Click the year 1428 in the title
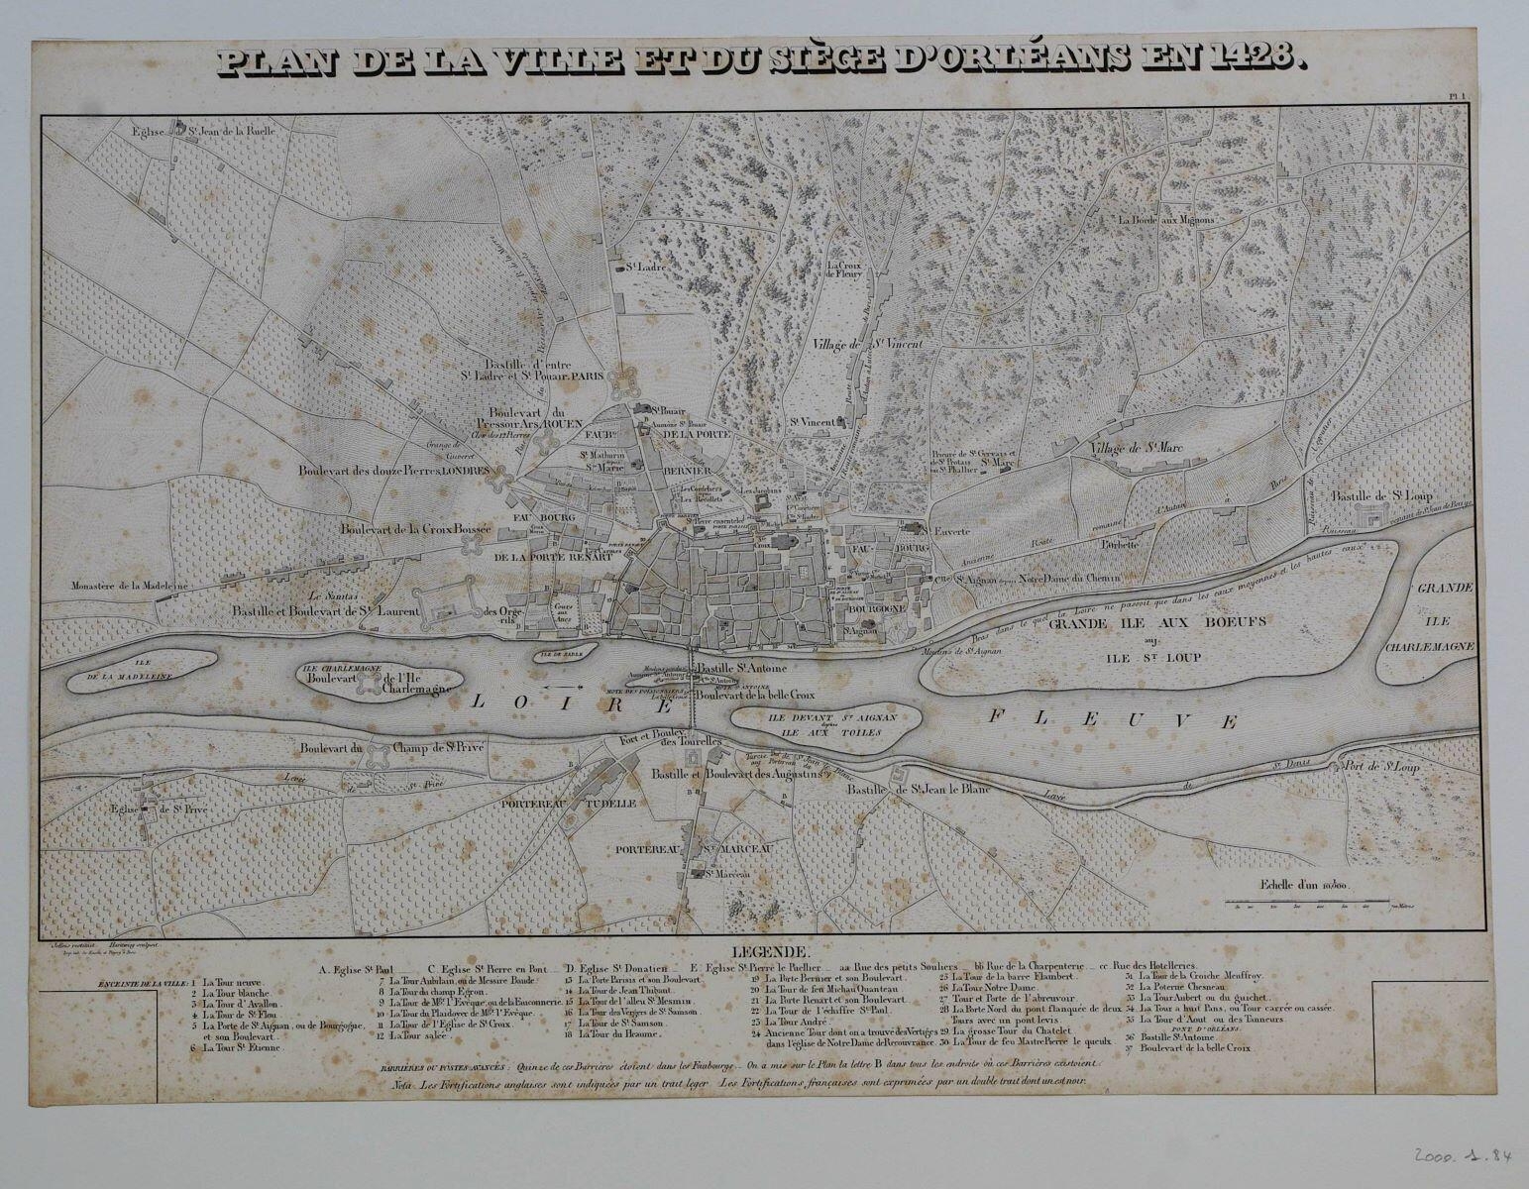coord(1255,60)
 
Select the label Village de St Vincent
coord(867,344)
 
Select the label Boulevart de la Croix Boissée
coord(415,529)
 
